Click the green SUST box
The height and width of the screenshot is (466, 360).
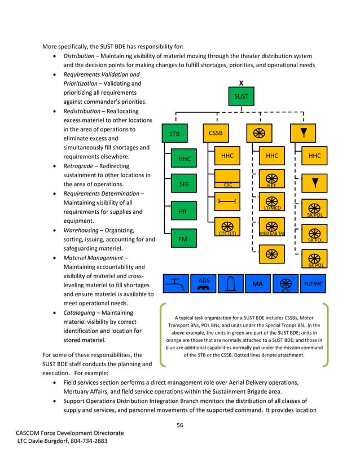coord(241,96)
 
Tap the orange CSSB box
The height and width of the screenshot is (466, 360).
coord(216,134)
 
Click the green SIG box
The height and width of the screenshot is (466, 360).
coord(184,184)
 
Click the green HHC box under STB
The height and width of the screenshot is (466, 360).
coord(184,159)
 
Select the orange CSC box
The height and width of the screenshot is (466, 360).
coord(227,176)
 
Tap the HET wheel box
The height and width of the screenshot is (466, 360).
coord(271,176)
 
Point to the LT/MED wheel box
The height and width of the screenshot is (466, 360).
coord(271,202)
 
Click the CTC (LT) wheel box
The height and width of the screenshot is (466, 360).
coord(227,227)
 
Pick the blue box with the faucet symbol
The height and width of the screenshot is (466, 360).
coord(176,284)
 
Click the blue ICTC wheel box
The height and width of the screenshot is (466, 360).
coord(286,284)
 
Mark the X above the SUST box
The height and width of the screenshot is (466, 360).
coord(241,82)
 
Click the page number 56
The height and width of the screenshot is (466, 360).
coord(180,425)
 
